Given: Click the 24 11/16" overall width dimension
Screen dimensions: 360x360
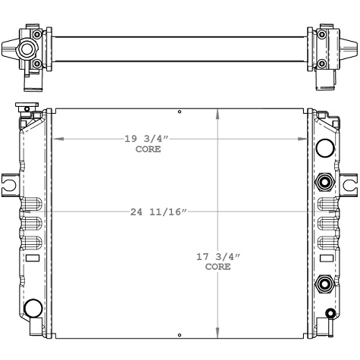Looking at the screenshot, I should click(158, 212).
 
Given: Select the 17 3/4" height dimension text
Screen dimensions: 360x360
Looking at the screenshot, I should click(218, 258).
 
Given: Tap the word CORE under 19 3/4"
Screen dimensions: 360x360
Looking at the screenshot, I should click(148, 149).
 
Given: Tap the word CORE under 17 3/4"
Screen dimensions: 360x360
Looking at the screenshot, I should click(218, 268).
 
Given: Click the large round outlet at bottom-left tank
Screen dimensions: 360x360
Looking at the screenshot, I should click(33, 308).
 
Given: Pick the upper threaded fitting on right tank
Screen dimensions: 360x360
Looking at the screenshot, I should click(324, 182).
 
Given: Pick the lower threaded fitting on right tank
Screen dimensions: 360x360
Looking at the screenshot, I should click(324, 285).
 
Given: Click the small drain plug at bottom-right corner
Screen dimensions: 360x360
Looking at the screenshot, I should click(330, 314).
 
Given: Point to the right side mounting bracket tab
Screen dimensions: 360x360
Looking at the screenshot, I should click(349, 183).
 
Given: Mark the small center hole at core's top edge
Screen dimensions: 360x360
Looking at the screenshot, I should click(180, 112).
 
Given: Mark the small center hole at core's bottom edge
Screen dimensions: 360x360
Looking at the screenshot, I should click(180, 333).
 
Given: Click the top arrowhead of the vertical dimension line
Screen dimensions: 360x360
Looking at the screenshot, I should click(219, 114).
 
